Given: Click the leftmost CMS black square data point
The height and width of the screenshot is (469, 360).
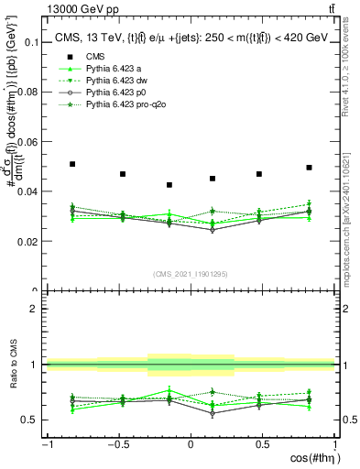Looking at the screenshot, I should pyautogui.click(x=72, y=164).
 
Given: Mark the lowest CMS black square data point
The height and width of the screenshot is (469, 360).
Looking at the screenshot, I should pyautogui.click(x=169, y=185).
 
